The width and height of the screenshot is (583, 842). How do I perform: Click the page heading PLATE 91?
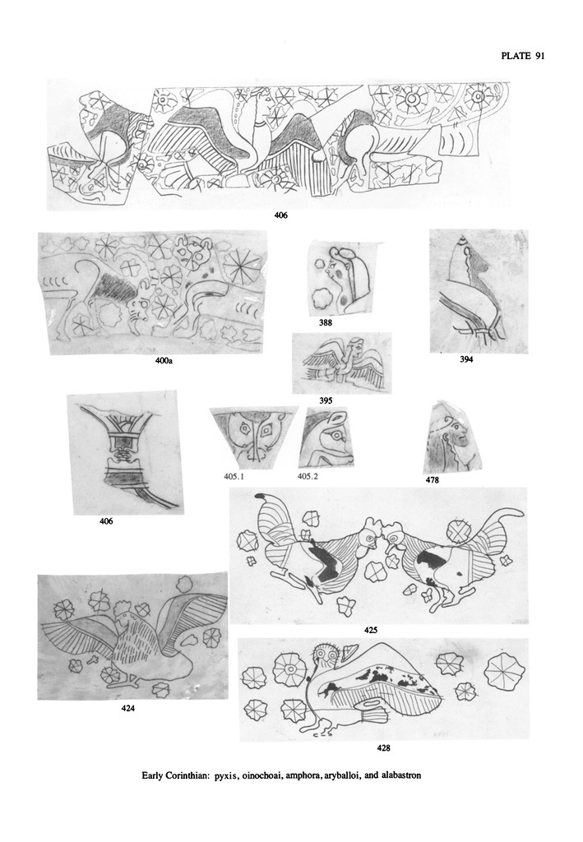click(x=523, y=55)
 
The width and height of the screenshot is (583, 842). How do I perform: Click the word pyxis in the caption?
click(x=225, y=775)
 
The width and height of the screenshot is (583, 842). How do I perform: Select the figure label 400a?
click(x=164, y=362)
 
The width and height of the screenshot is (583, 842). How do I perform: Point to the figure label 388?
click(x=326, y=322)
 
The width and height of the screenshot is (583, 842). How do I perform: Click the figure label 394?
click(x=466, y=359)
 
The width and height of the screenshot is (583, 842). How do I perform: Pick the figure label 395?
click(x=326, y=400)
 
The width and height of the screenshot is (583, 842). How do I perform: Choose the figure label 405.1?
click(x=234, y=475)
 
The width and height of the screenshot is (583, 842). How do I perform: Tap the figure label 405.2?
click(x=308, y=475)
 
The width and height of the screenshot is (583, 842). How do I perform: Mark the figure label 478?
click(x=432, y=479)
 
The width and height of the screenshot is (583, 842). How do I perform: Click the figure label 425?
click(x=370, y=630)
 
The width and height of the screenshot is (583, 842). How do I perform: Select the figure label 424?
click(x=127, y=708)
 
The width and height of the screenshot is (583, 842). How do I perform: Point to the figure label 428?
click(x=383, y=747)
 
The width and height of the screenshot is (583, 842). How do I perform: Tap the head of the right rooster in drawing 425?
click(x=394, y=534)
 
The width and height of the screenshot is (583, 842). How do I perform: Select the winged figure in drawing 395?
click(x=344, y=363)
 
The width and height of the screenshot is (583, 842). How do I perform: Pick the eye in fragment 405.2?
click(x=337, y=434)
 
